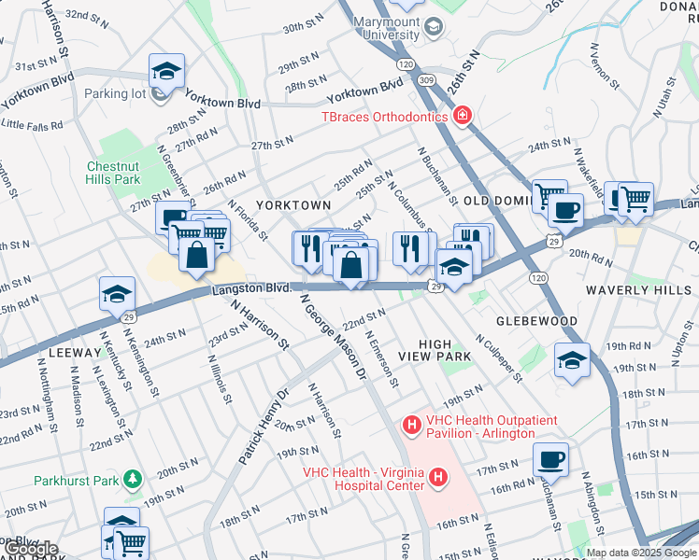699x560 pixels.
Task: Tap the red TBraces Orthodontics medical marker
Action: click(462, 117)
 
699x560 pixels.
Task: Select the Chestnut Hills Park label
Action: click(113, 173)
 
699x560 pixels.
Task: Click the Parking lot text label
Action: click(119, 93)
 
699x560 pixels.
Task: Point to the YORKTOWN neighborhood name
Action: click(293, 204)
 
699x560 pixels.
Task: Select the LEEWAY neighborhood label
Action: click(69, 354)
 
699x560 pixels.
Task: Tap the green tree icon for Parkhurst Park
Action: click(134, 480)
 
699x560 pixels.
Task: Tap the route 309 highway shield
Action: click(426, 81)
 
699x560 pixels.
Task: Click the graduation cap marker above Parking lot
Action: click(166, 70)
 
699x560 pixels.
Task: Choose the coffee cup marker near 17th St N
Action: click(551, 459)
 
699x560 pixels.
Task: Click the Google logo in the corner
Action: click(31, 549)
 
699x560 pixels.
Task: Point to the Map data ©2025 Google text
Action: click(640, 553)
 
